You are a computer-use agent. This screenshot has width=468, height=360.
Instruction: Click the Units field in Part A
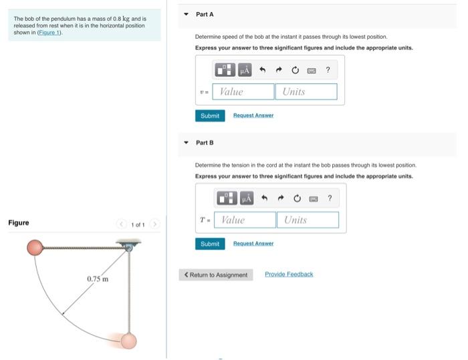(306, 92)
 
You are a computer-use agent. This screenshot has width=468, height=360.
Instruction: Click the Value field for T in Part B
(246, 220)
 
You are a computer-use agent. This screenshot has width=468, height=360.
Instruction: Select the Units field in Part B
(308, 220)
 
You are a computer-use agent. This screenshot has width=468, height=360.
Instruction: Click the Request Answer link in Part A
(253, 116)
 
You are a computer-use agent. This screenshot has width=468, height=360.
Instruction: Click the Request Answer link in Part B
(253, 244)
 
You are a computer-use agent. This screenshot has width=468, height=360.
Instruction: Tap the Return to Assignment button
(216, 275)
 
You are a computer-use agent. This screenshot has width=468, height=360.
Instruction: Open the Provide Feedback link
(289, 275)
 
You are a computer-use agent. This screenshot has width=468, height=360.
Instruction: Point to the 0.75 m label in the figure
(98, 279)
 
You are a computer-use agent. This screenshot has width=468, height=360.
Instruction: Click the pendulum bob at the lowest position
(128, 341)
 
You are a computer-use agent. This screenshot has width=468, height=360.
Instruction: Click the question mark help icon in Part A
(328, 70)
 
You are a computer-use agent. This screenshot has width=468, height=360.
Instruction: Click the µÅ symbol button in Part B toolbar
(246, 198)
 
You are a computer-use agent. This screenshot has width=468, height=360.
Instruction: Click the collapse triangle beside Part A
(186, 14)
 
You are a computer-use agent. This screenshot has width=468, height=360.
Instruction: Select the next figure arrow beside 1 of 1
(154, 224)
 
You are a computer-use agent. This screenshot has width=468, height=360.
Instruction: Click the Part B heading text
(205, 142)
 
